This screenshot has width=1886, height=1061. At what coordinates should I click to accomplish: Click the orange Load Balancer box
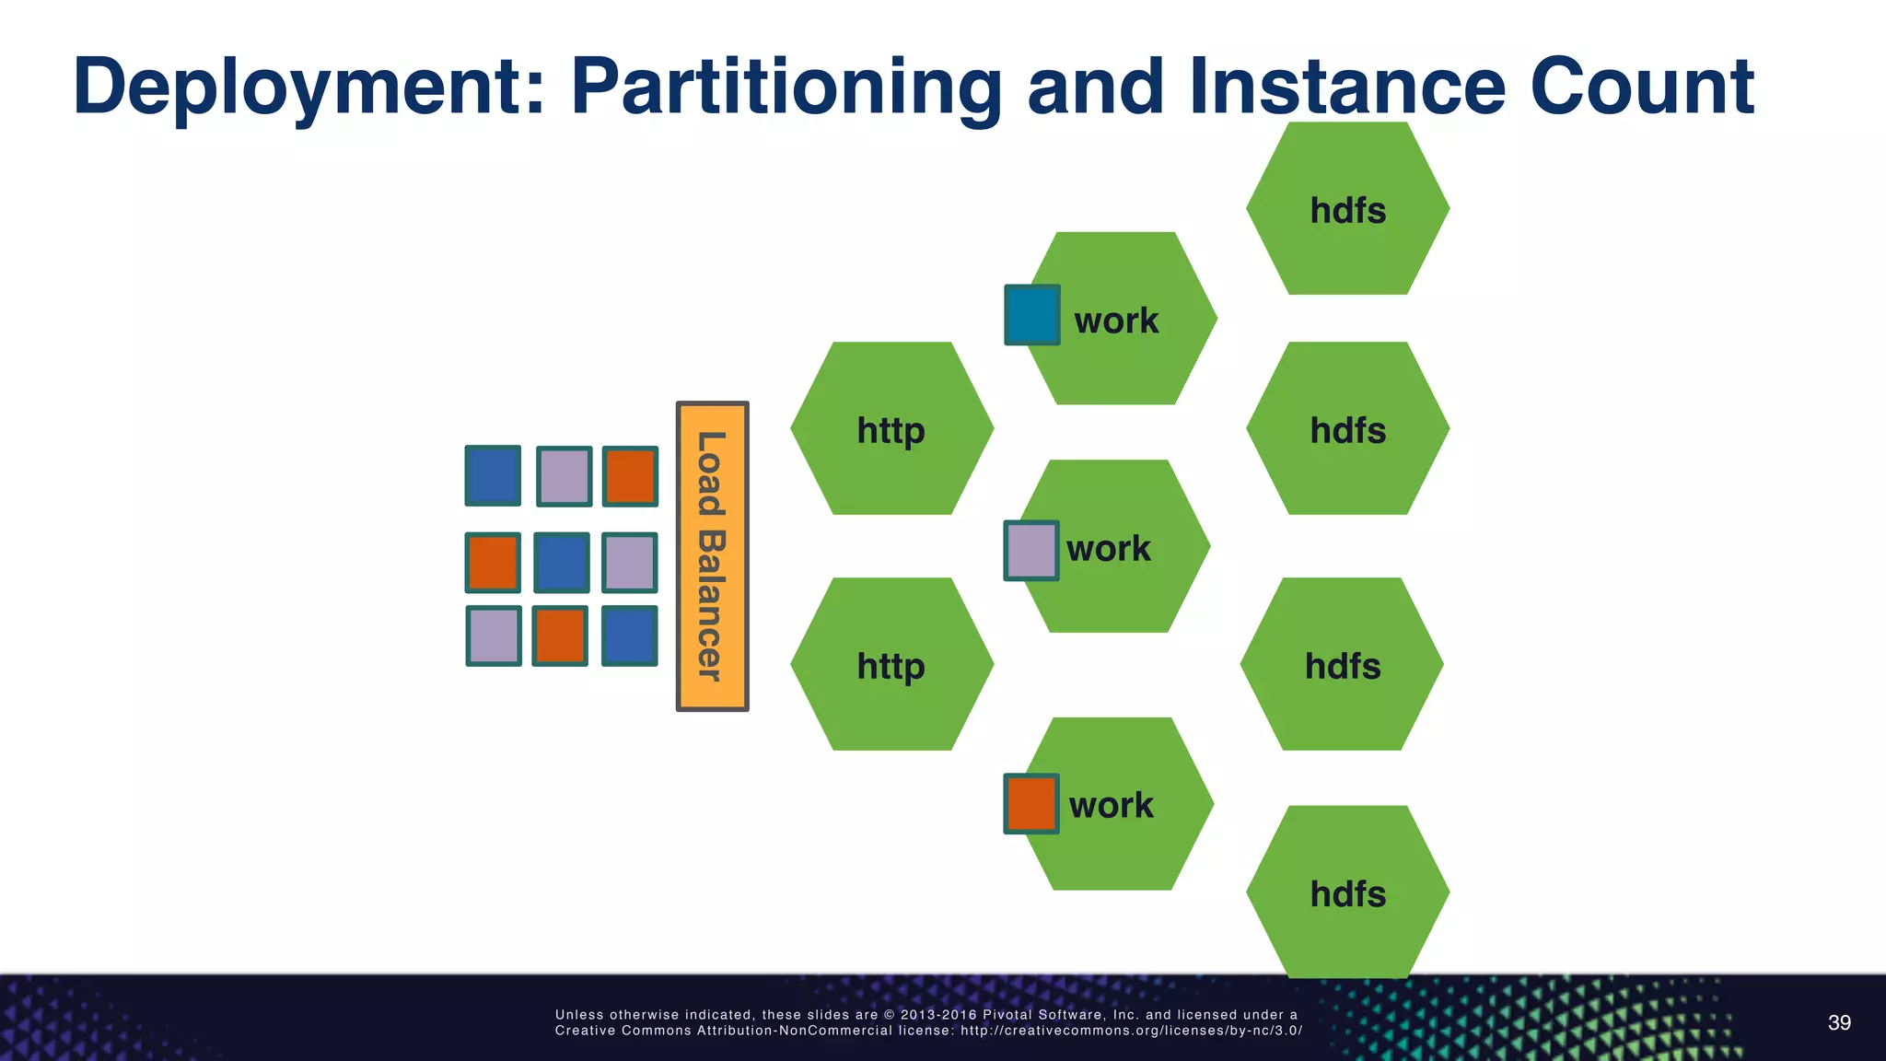(712, 556)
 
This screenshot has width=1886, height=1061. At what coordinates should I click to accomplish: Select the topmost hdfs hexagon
(1347, 209)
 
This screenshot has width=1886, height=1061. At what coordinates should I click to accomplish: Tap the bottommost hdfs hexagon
(1347, 892)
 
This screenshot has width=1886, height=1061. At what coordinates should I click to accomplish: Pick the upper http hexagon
(891, 429)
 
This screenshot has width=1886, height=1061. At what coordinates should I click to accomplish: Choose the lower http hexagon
(891, 664)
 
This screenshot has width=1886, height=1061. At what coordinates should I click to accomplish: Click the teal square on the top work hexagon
(1031, 315)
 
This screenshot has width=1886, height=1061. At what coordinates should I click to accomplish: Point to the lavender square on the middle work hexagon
(1030, 551)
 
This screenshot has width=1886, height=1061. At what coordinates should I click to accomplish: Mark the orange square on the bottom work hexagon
(1030, 803)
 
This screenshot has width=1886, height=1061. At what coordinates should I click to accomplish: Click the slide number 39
(1838, 1023)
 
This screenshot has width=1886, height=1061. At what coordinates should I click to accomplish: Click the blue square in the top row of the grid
(493, 475)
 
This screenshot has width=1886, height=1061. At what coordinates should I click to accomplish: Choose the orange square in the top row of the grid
(630, 476)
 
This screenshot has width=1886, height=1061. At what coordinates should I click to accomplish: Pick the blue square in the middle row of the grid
(561, 562)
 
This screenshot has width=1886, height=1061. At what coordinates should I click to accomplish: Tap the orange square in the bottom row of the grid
(560, 635)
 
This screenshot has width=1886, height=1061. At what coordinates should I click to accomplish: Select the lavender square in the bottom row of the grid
(494, 635)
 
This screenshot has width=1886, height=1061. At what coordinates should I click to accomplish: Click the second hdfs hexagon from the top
(1347, 429)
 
